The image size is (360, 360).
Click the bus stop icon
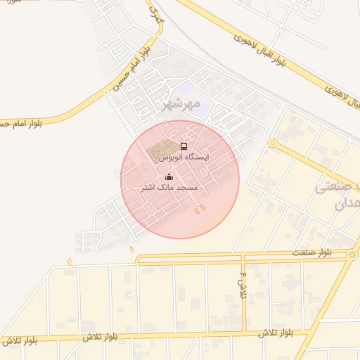(x=184, y=146)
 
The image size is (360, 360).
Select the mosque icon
(x=169, y=176)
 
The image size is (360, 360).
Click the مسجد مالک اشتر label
(x=169, y=188)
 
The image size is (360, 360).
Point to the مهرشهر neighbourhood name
(x=176, y=105)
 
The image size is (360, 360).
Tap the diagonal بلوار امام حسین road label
(x=129, y=70)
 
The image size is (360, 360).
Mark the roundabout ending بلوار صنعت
(x=352, y=255)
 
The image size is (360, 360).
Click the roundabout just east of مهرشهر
(x=271, y=143)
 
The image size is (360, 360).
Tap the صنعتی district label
(x=336, y=188)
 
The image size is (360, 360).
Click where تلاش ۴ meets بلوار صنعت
(x=239, y=257)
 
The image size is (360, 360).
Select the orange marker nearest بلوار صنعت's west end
(x=70, y=262)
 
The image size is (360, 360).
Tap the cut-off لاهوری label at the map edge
(x=352, y=102)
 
